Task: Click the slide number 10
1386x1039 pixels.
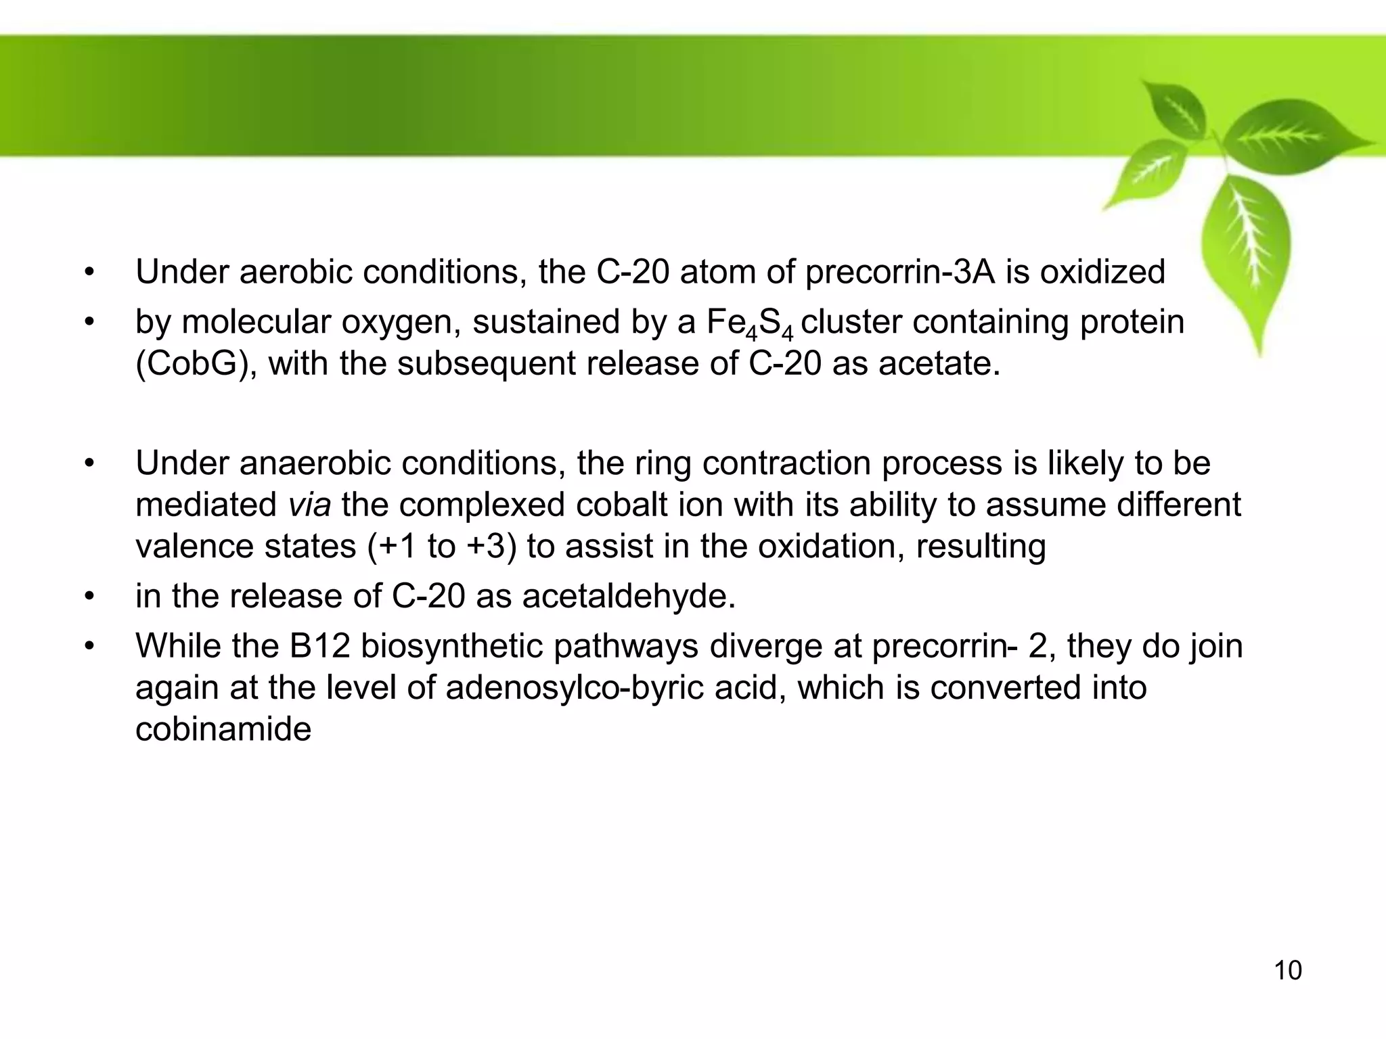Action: [x=1288, y=971]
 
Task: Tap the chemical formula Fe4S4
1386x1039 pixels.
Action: [x=749, y=323]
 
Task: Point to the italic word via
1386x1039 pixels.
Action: [x=309, y=505]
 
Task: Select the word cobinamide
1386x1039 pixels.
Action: [x=223, y=729]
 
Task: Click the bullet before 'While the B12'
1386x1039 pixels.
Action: [x=88, y=646]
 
